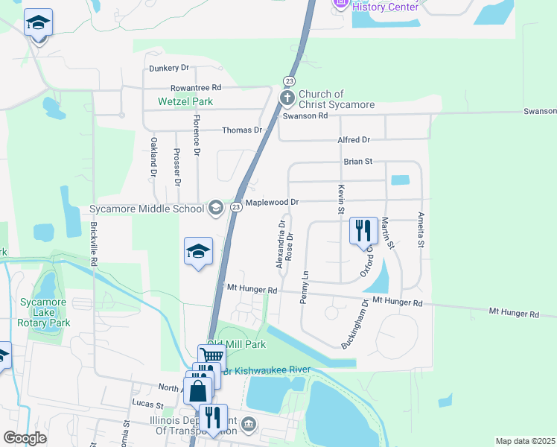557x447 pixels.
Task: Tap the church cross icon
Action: tap(287, 98)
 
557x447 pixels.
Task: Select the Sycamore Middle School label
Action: tap(147, 209)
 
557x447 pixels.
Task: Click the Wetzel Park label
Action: tap(185, 101)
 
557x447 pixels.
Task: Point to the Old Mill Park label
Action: tap(236, 345)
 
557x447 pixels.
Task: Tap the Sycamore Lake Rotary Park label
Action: tap(45, 312)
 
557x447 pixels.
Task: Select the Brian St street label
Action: tap(357, 161)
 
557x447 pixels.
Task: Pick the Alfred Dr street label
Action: tap(354, 140)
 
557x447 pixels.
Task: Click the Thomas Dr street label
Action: tap(243, 130)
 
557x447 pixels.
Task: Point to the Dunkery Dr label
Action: tap(169, 69)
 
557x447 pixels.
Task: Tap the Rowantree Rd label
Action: tap(196, 87)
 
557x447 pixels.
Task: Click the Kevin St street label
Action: tap(341, 200)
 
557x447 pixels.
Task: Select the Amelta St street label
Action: tap(421, 229)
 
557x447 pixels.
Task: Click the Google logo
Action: tap(25, 438)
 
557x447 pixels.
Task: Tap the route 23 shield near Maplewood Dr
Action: tap(234, 207)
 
